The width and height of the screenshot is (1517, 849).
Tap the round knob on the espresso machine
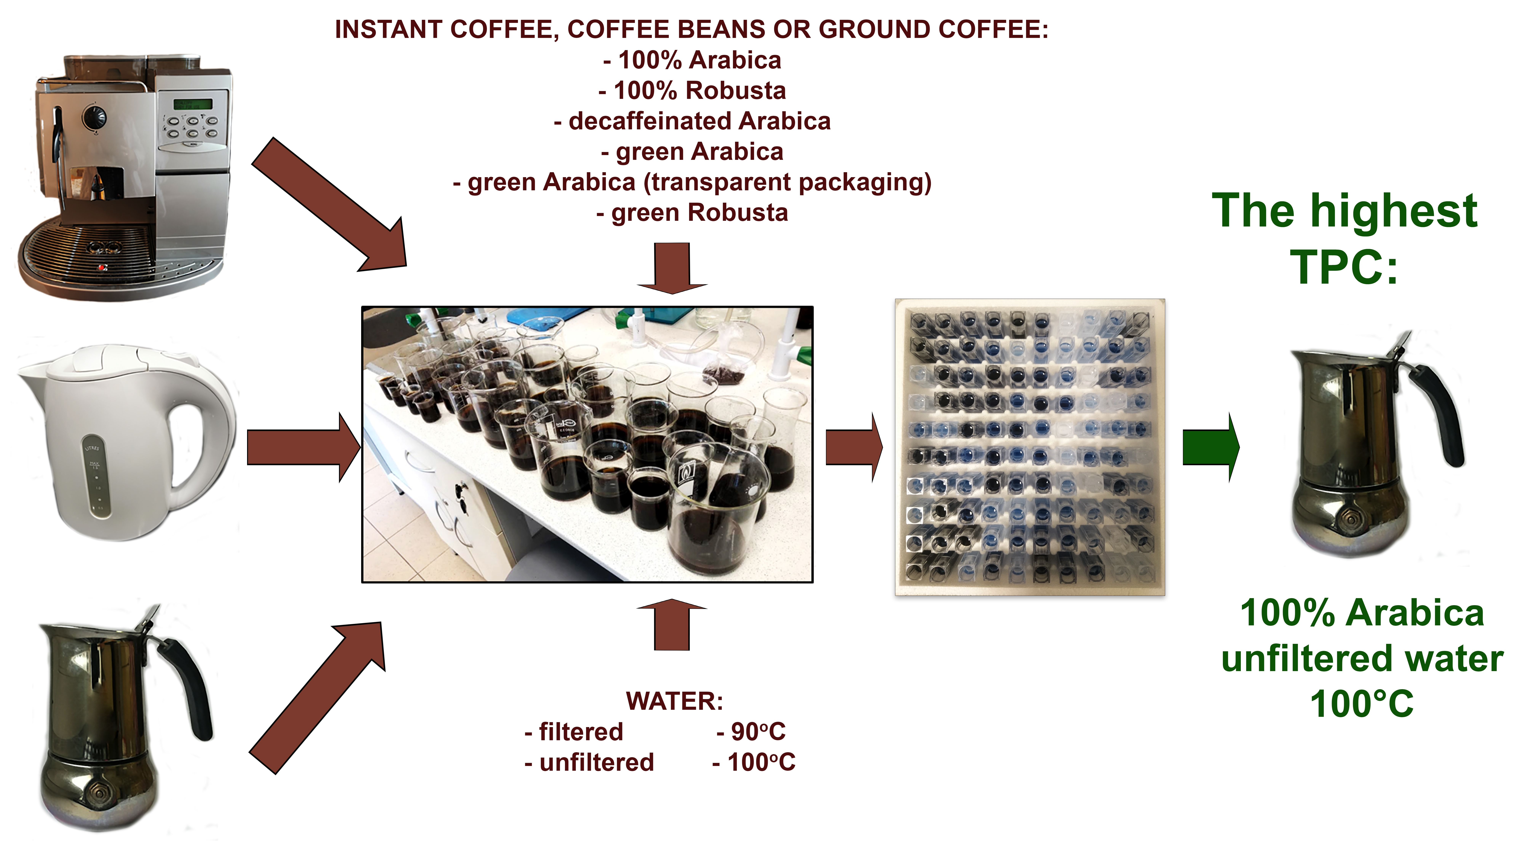coord(94,116)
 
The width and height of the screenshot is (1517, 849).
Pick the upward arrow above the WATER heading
coord(672,624)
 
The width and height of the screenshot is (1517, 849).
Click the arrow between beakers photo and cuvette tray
coord(854,447)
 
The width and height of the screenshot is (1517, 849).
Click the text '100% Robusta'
coord(693,91)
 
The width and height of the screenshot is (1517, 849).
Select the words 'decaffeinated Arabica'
coord(693,121)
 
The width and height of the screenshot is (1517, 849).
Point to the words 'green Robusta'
coord(693,213)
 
